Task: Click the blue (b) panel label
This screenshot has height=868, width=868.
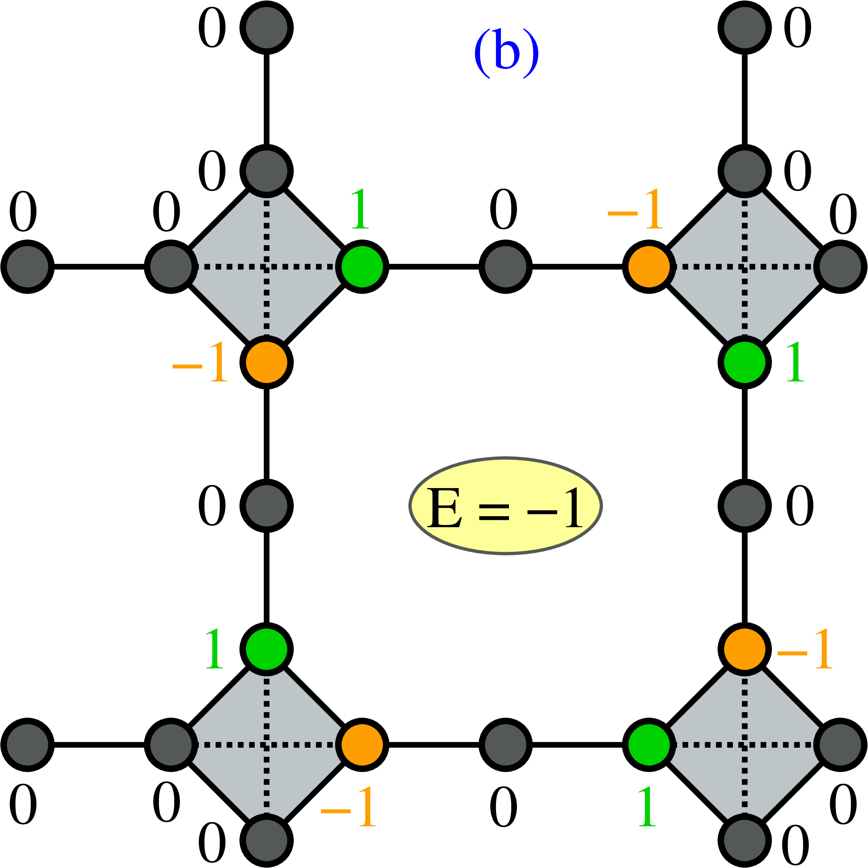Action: pyautogui.click(x=506, y=54)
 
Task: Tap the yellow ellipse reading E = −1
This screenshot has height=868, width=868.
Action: pyautogui.click(x=506, y=506)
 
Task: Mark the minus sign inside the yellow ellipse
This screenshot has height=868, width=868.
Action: pyautogui.click(x=542, y=512)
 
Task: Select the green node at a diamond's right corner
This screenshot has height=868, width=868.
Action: pyautogui.click(x=362, y=267)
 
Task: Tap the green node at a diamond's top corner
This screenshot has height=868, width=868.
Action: pyautogui.click(x=266, y=649)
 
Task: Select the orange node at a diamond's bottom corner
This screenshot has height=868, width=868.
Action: pyautogui.click(x=266, y=362)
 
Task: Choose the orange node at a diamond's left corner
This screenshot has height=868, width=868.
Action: pyautogui.click(x=649, y=267)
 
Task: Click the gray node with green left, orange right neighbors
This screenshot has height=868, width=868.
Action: pyautogui.click(x=506, y=267)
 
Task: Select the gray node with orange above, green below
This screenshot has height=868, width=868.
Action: pyautogui.click(x=266, y=506)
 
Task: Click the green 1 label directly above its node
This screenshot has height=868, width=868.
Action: pyautogui.click(x=360, y=208)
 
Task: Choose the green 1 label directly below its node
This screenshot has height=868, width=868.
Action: pyautogui.click(x=647, y=807)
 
